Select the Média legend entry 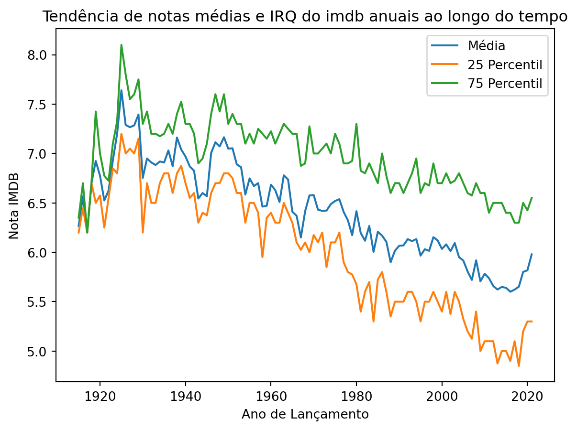pyautogui.click(x=487, y=46)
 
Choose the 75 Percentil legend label pyautogui.click(x=505, y=84)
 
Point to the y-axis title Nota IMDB pyautogui.click(x=14, y=205)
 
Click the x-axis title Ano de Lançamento pyautogui.click(x=305, y=414)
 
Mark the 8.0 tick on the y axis pyautogui.click(x=40, y=55)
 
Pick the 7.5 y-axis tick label pyautogui.click(x=40, y=105)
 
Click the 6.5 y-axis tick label pyautogui.click(x=40, y=203)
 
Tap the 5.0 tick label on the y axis pyautogui.click(x=40, y=351)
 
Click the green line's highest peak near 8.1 pyautogui.click(x=122, y=45)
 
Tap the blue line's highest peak pyautogui.click(x=122, y=90)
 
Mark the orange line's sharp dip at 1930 pyautogui.click(x=143, y=232)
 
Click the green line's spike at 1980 pyautogui.click(x=356, y=124)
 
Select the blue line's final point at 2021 pyautogui.click(x=532, y=254)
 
